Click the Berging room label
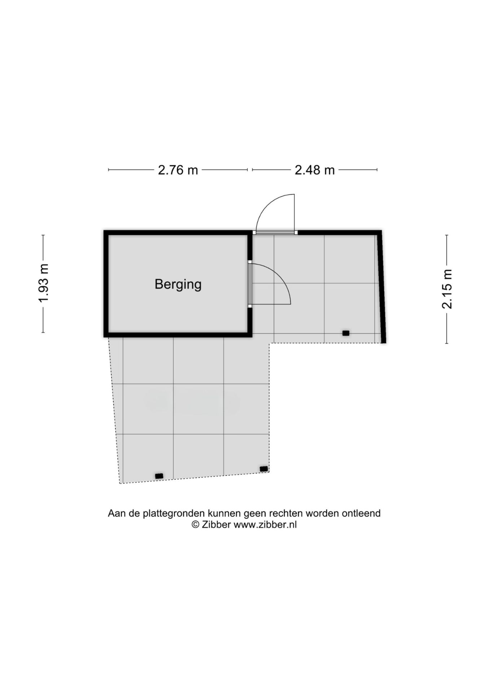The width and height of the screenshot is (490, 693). [178, 284]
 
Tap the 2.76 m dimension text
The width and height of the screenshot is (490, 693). [178, 170]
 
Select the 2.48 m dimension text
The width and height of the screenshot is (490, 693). [315, 170]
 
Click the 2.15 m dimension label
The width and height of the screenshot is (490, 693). [447, 289]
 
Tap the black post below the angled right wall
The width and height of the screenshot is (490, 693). [346, 333]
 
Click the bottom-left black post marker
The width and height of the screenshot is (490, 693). [159, 476]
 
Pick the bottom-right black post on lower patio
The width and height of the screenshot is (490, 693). [264, 469]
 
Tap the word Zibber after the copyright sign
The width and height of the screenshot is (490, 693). [216, 524]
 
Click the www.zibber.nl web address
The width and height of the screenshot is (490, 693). [265, 524]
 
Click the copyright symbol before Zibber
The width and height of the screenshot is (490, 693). [195, 524]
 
